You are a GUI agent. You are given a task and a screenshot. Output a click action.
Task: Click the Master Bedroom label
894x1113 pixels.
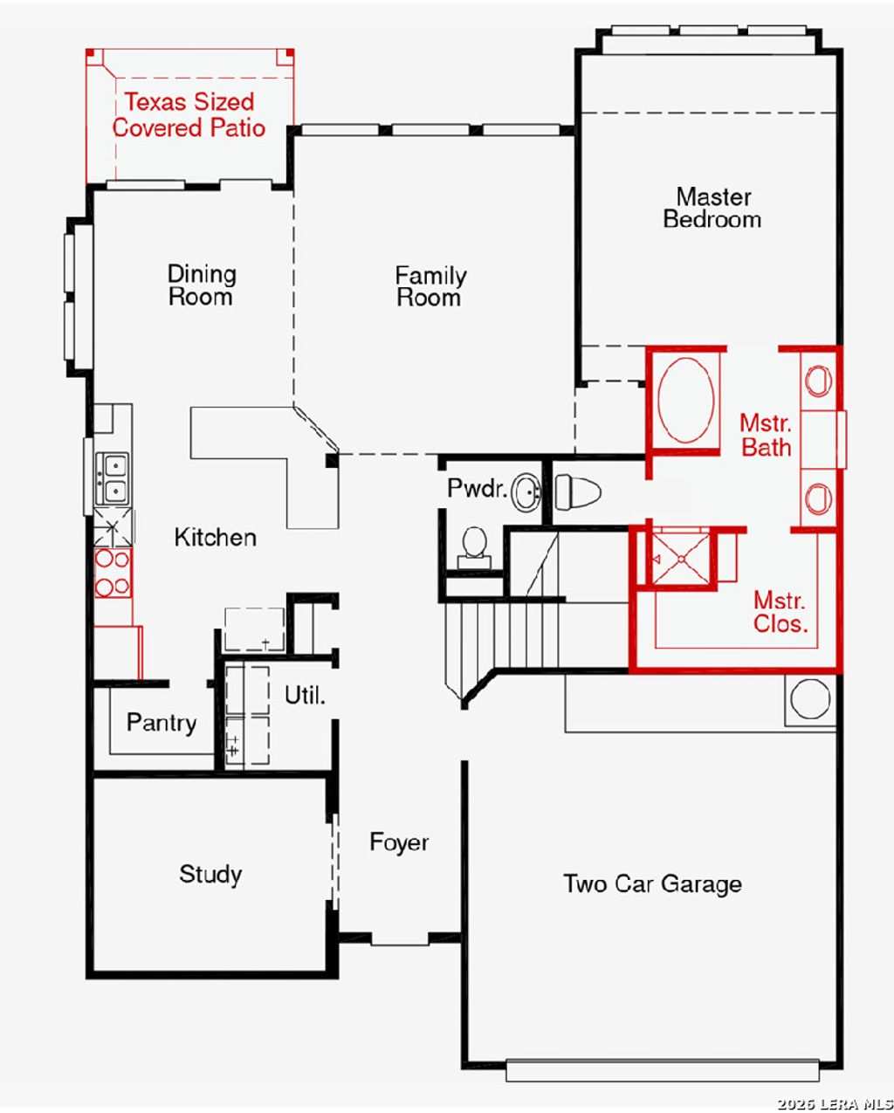712,208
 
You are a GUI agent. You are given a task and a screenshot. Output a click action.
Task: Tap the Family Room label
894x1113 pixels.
430,286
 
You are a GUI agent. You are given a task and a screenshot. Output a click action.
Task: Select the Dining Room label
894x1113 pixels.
202,285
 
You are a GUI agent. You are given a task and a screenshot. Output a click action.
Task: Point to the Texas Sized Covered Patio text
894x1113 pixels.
189,115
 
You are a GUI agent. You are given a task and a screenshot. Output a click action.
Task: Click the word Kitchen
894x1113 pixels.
216,538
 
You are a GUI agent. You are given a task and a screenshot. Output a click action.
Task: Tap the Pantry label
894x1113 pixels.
162,723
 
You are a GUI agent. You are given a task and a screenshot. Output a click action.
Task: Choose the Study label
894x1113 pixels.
210,875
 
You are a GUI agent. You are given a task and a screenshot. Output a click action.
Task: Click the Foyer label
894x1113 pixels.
399,842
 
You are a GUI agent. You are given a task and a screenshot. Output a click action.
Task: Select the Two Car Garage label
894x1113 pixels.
652,884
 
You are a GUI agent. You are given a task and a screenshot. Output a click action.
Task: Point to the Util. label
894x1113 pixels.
306,695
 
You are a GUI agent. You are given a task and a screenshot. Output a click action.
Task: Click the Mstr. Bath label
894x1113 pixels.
767,436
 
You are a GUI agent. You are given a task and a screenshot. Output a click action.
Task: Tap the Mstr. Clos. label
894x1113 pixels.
781,612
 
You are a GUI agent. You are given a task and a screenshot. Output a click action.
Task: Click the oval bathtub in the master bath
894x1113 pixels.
686,400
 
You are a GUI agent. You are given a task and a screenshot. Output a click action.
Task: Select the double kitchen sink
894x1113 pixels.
112,479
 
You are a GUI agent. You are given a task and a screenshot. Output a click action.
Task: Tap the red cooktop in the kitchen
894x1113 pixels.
113,573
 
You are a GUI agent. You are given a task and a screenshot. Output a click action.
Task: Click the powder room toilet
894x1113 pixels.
474,548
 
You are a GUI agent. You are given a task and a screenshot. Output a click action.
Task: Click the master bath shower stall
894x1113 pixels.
681,560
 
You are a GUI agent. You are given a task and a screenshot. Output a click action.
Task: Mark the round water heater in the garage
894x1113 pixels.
811,698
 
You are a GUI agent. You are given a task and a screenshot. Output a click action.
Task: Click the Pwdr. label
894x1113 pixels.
478,488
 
